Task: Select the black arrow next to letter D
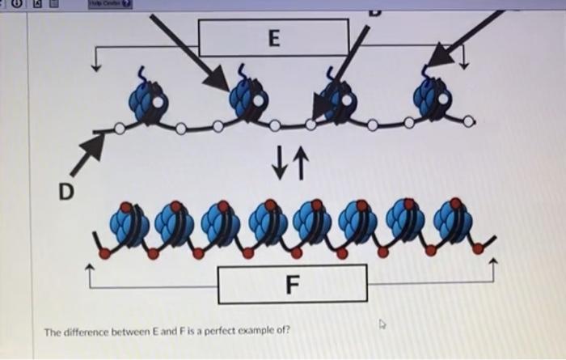point(87,155)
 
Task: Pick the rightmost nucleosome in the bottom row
point(448,222)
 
